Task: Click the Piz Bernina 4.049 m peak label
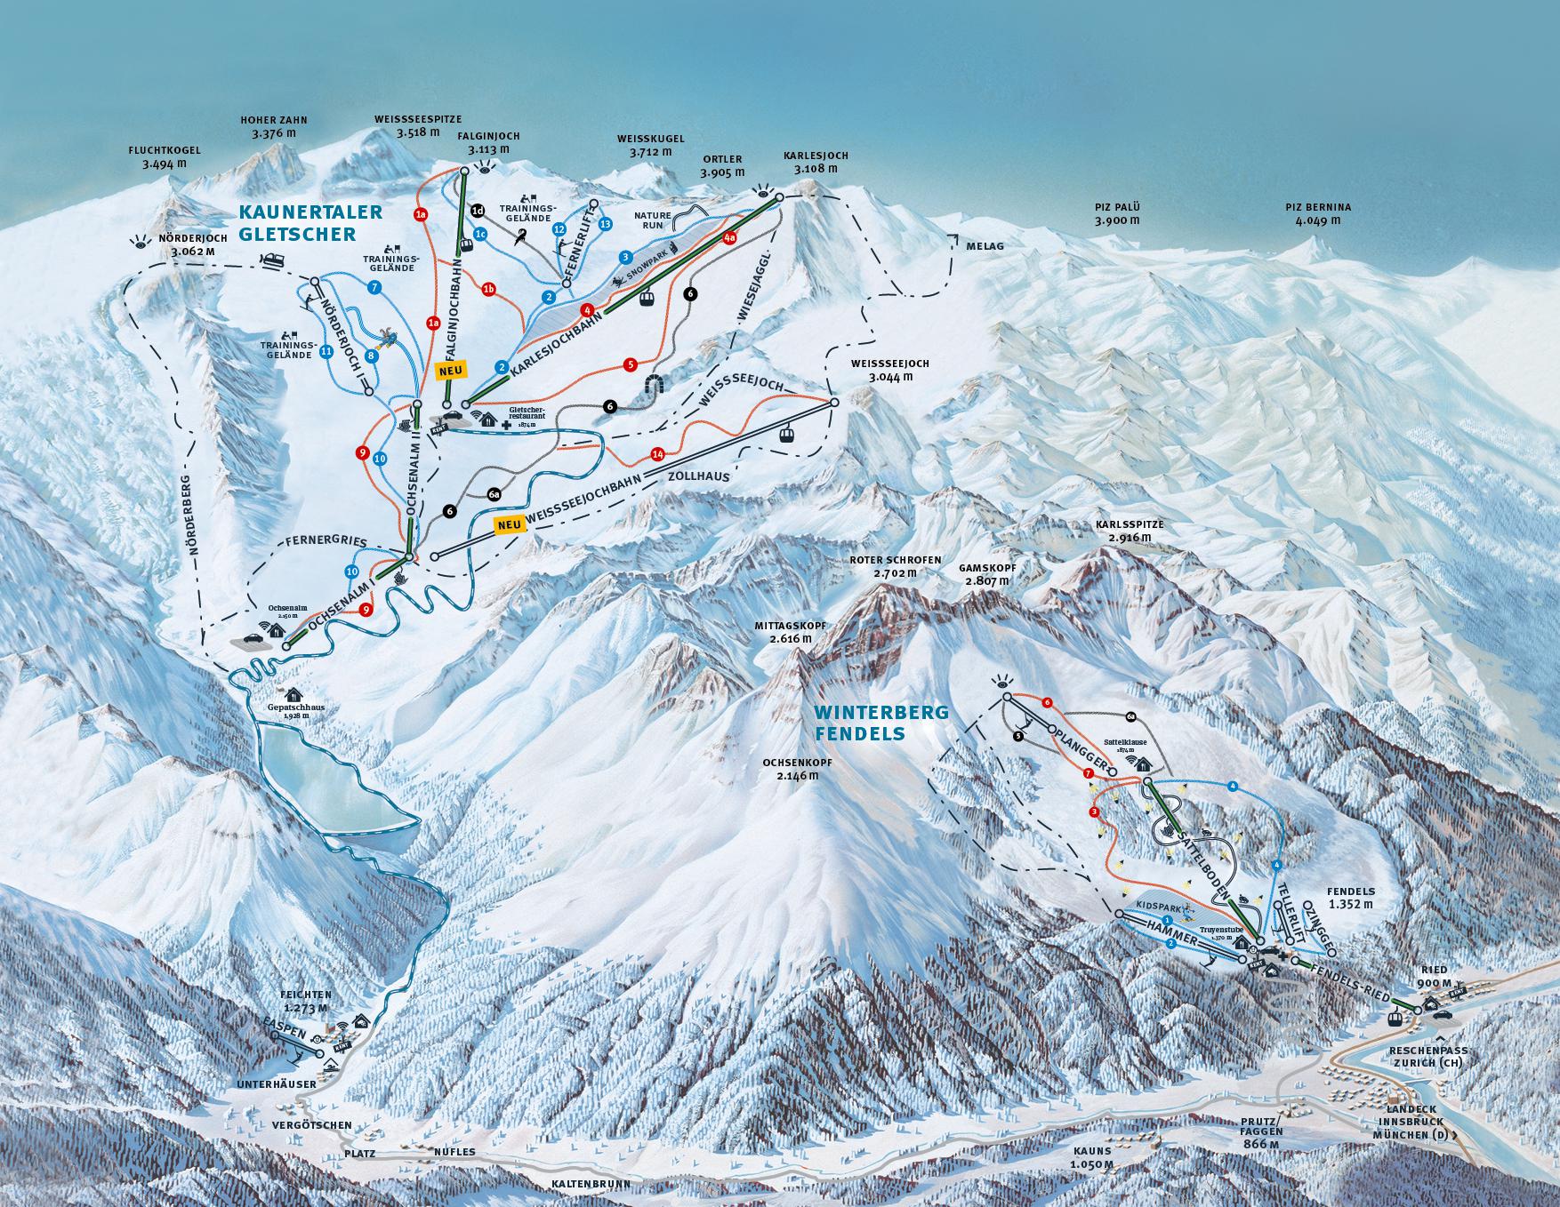point(1317,214)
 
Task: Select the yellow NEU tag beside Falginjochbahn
point(449,369)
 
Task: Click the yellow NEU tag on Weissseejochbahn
point(509,524)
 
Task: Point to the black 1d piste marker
point(478,211)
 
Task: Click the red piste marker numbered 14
point(657,454)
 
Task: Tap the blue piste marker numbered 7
point(374,287)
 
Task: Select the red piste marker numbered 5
point(631,364)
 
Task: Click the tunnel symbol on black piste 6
point(658,384)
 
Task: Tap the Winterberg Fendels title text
point(882,723)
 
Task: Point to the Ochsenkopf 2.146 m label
point(790,769)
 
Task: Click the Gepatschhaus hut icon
point(293,695)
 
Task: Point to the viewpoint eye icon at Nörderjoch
point(139,241)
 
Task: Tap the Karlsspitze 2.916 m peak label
point(1130,531)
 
